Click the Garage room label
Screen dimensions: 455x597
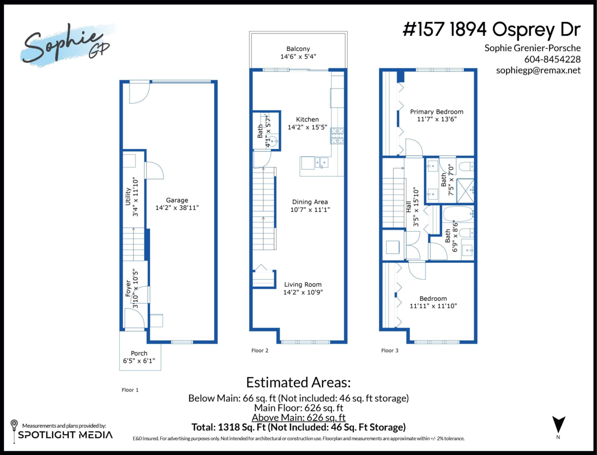tap(177, 201)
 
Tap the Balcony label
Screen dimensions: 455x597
tap(298, 49)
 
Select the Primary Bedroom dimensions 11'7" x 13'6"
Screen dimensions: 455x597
tap(436, 119)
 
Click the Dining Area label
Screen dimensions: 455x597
tap(309, 202)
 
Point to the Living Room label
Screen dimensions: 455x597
tap(303, 285)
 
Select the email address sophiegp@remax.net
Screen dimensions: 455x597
tap(538, 71)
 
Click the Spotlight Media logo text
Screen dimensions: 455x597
tap(65, 435)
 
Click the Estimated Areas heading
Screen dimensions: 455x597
tap(298, 383)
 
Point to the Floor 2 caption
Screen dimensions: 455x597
tap(260, 350)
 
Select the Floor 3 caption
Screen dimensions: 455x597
tap(390, 350)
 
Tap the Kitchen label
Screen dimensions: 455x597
tap(307, 119)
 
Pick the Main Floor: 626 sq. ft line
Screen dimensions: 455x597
tap(298, 408)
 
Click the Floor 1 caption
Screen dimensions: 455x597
tap(130, 390)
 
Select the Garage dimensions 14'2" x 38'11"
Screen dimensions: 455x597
tap(177, 208)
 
